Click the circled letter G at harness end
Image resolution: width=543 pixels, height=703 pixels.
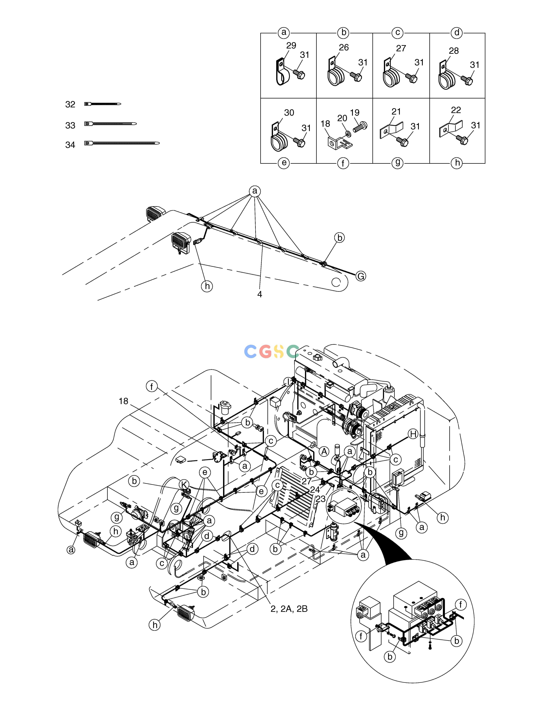point(361,276)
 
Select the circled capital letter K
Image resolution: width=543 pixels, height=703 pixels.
point(184,484)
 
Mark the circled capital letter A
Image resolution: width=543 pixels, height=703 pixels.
point(324,452)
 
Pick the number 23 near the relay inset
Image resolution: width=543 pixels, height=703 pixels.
point(320,499)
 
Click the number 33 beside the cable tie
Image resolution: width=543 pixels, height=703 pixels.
point(70,125)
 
